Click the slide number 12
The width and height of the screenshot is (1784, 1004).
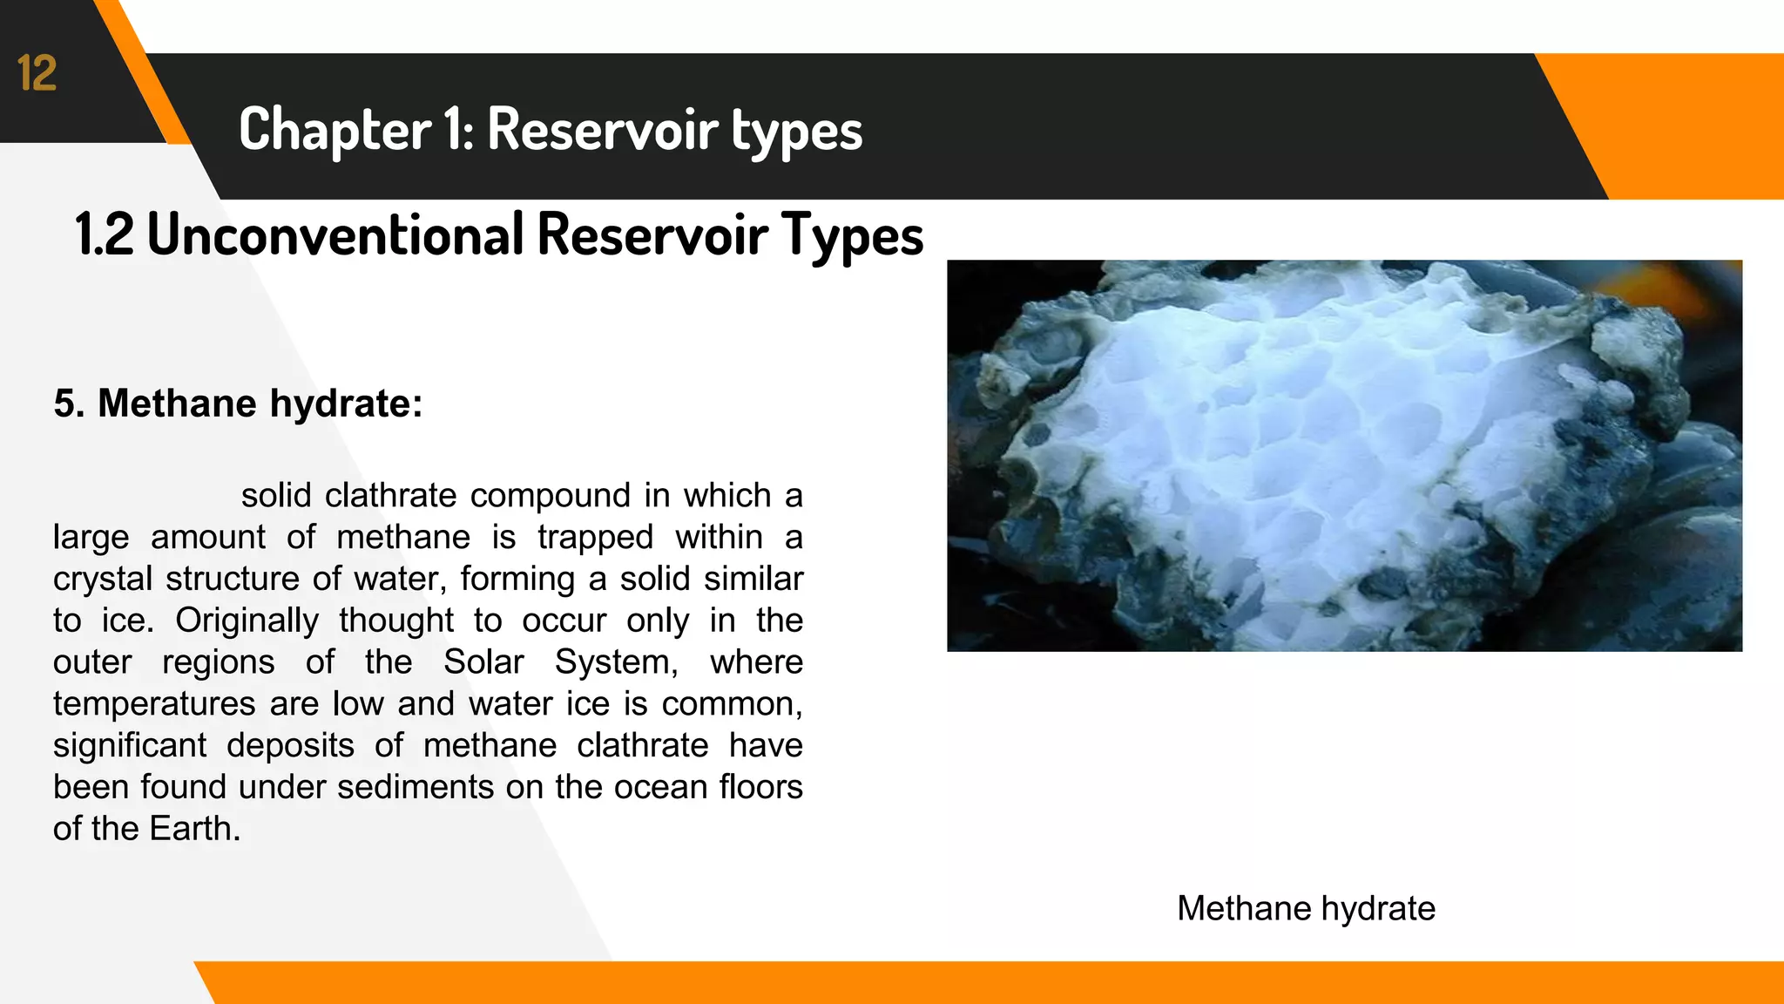tap(37, 73)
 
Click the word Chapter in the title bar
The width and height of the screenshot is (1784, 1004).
tap(334, 130)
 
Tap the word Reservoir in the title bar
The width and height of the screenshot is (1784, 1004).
tap(602, 130)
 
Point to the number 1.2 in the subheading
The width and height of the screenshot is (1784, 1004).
tap(105, 234)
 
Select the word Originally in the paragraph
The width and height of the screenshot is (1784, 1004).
tap(247, 621)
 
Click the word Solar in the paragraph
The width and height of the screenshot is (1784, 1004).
tap(483, 662)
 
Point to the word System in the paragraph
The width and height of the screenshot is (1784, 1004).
tap(615, 662)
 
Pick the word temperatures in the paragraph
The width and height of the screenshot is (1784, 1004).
tap(153, 704)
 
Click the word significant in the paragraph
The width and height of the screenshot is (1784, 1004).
tap(129, 746)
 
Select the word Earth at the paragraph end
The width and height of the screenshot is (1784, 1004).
tap(193, 829)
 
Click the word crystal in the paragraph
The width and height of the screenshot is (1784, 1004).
tap(103, 580)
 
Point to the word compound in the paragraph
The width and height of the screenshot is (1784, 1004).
tap(551, 496)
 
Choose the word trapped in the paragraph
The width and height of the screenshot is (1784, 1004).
tap(595, 538)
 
